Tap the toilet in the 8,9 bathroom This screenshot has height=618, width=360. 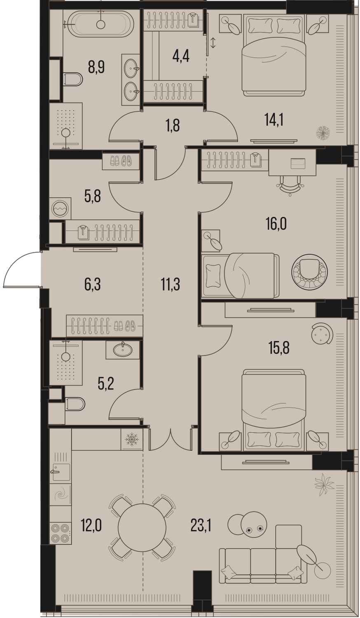pyautogui.click(x=72, y=79)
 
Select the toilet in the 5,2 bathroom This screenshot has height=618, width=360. pyautogui.click(x=75, y=404)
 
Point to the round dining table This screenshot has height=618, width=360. pyautogui.click(x=142, y=527)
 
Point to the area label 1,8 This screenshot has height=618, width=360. pyautogui.click(x=173, y=125)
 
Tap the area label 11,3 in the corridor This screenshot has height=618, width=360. pyautogui.click(x=171, y=284)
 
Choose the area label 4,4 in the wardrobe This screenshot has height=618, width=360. pyautogui.click(x=181, y=56)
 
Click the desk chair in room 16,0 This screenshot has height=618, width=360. pyautogui.click(x=290, y=185)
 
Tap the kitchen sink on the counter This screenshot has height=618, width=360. pyautogui.click(x=61, y=472)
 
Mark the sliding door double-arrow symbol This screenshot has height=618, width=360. pyautogui.click(x=213, y=43)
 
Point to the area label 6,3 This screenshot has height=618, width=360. pyautogui.click(x=93, y=284)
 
